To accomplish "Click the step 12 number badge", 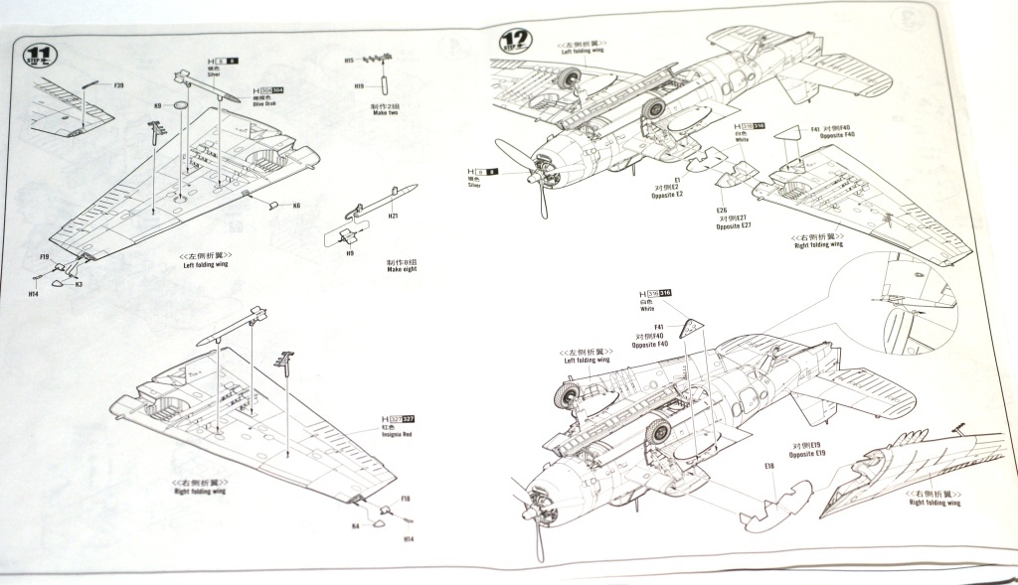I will tap(515, 41).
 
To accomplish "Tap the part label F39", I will tap(118, 86).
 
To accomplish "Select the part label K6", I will tap(295, 206).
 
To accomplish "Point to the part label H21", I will tap(394, 218).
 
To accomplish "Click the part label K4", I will tap(355, 526).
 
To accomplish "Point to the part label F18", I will tap(405, 499).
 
